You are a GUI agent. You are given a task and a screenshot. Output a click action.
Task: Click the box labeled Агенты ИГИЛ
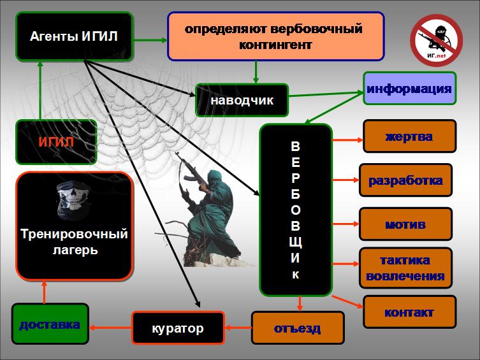[74, 36]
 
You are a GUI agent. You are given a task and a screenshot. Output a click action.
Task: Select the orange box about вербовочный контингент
[275, 36]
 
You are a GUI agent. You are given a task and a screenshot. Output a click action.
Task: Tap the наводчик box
[242, 100]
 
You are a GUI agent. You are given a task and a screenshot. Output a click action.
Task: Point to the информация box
[410, 89]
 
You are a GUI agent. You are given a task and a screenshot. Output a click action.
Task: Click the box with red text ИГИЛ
[56, 142]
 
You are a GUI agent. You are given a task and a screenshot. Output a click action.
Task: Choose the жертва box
[410, 136]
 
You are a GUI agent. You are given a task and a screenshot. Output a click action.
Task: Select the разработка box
[405, 180]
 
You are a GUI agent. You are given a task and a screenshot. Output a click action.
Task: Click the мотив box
[405, 224]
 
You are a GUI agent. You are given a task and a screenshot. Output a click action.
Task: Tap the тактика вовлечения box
[405, 268]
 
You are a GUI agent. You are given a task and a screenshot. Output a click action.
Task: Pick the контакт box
[410, 312]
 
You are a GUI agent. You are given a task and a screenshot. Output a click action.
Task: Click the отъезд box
[298, 328]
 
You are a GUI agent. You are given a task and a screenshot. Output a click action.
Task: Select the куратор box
[178, 328]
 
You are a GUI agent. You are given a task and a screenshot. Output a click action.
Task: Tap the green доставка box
[50, 324]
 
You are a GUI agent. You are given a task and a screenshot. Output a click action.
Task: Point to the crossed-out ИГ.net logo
[436, 40]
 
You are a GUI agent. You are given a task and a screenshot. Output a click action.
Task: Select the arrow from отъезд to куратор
[238, 328]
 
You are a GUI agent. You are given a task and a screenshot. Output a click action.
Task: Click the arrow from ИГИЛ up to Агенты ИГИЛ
[40, 90]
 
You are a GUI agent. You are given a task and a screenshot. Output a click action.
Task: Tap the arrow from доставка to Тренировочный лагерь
[45, 292]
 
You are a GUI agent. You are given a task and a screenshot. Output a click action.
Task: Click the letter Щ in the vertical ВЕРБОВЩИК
[295, 242]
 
